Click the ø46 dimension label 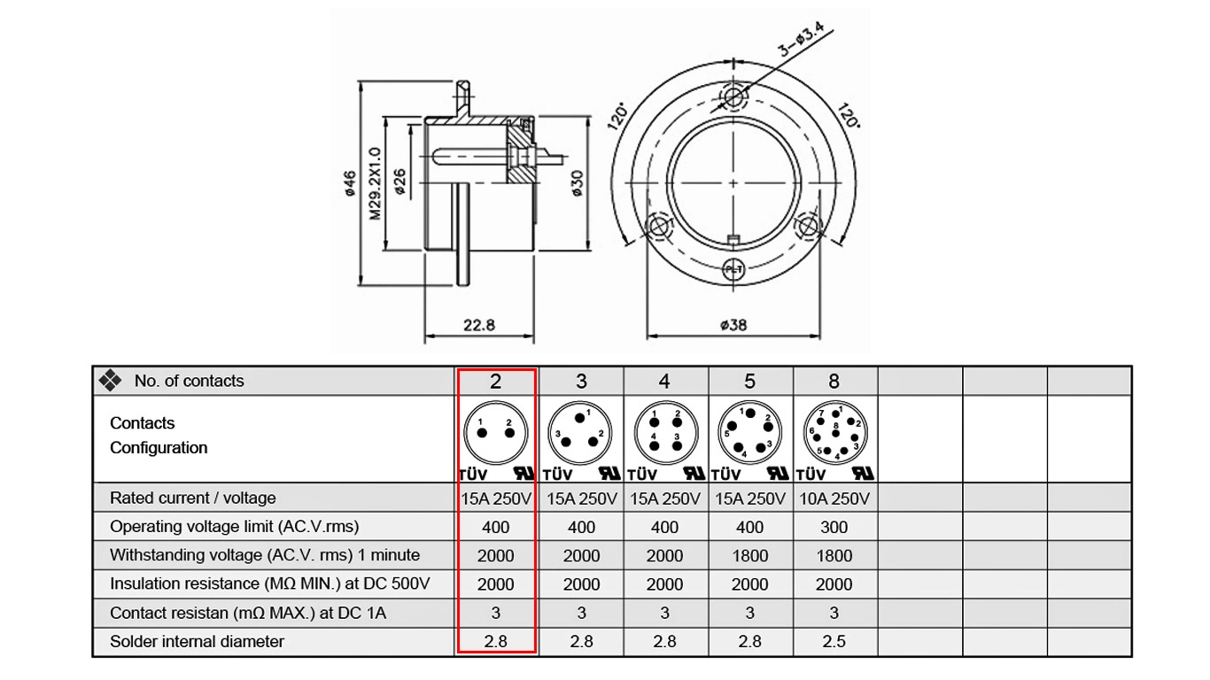click(x=350, y=183)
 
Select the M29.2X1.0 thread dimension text click(x=375, y=183)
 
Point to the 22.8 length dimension click(x=478, y=325)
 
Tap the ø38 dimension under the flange click(x=733, y=325)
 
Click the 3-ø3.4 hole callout click(x=801, y=40)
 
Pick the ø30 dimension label click(x=577, y=183)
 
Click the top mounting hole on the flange click(x=733, y=97)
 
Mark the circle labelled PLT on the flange click(x=733, y=269)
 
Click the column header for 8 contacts click(x=834, y=382)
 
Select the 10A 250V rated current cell click(x=834, y=498)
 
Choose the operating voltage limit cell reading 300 click(x=834, y=527)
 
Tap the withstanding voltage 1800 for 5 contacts click(x=749, y=556)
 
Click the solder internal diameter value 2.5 click(x=834, y=642)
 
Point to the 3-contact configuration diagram click(x=580, y=432)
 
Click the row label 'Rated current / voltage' click(x=193, y=498)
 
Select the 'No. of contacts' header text click(x=189, y=381)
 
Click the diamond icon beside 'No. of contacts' click(x=110, y=380)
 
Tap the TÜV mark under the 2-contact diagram click(x=473, y=475)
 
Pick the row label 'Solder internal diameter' click(x=197, y=642)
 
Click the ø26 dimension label click(x=399, y=182)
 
